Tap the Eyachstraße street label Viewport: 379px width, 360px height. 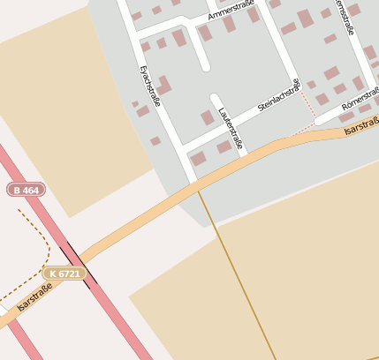pyautogui.click(x=150, y=86)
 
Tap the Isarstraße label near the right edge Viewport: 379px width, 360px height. pyautogui.click(x=360, y=127)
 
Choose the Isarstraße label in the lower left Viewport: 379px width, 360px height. pyautogui.click(x=34, y=297)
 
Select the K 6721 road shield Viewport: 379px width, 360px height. pyautogui.click(x=64, y=274)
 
